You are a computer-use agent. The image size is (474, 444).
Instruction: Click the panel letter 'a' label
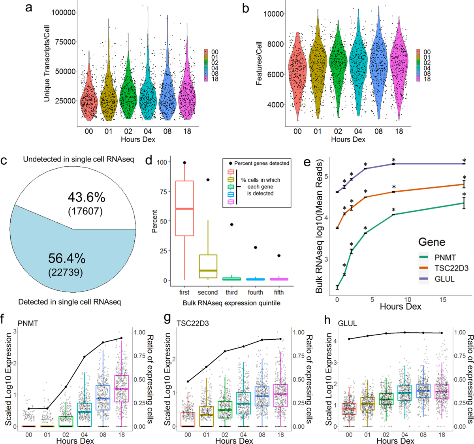28,8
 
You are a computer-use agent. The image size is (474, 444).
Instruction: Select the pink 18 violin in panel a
187,99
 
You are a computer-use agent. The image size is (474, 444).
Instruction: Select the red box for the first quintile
184,208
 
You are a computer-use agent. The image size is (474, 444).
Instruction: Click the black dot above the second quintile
208,180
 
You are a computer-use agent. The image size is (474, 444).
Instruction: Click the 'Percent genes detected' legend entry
262,163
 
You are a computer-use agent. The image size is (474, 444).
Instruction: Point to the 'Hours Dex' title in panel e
400,307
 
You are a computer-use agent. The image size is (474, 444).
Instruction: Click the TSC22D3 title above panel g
192,324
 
